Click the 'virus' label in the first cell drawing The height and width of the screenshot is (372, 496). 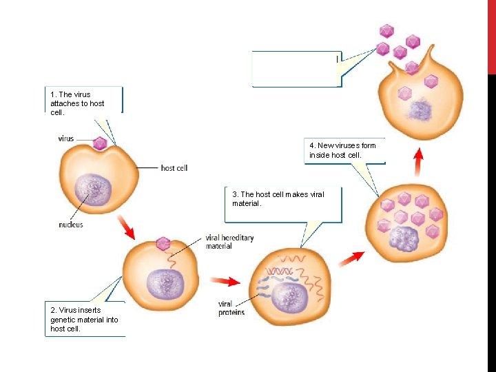point(66,138)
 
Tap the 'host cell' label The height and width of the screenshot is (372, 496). point(174,167)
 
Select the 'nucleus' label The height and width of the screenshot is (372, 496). point(71,225)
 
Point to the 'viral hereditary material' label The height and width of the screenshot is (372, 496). point(229,242)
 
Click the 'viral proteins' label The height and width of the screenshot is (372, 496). point(231,308)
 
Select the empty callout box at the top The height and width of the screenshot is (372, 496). point(296,69)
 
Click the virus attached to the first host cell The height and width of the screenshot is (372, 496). point(100,143)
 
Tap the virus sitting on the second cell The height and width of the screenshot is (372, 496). point(163,243)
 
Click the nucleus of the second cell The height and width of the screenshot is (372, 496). point(164,283)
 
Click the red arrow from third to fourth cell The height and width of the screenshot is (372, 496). point(351,258)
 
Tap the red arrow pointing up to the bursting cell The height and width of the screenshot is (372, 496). point(417,164)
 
